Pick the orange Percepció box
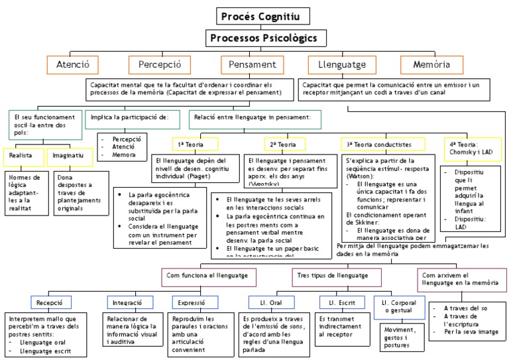(159, 65)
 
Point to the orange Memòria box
(431, 65)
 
